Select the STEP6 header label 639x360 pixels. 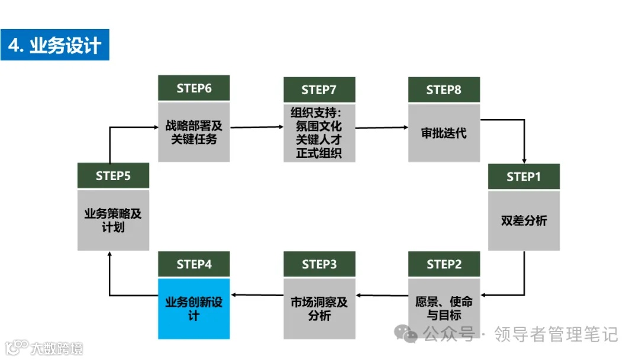pos(194,88)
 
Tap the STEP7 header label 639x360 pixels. pos(319,89)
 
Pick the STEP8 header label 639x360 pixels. pos(444,89)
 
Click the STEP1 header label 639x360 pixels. pos(524,176)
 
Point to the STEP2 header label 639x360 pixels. pos(444,264)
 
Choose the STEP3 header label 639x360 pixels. pos(319,264)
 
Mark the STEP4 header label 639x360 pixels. pos(194,264)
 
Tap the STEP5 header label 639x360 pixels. pos(113,176)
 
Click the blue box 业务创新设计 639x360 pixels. pos(194,308)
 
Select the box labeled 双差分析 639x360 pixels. pos(524,220)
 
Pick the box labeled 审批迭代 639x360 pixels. pos(444,133)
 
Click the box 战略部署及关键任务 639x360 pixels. pos(194,131)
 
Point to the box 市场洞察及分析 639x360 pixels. pos(319,308)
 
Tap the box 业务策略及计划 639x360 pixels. pos(113,220)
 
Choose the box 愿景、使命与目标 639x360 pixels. pos(444,308)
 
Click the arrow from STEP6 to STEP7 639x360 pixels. pos(256,127)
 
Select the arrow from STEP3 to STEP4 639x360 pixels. pos(257,294)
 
